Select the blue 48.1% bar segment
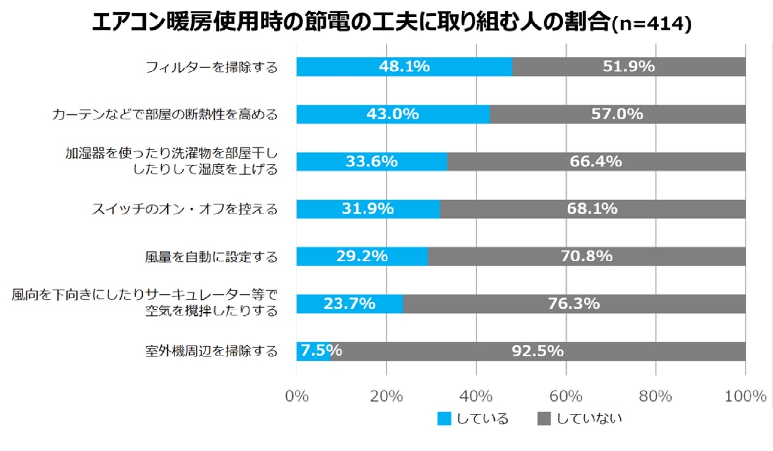[x=404, y=67]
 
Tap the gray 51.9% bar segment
[x=629, y=67]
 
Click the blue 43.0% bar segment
[x=393, y=114]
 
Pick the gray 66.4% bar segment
[x=596, y=162]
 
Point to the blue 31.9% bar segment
[x=368, y=209]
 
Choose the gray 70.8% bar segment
[x=586, y=257]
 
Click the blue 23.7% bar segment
[x=349, y=304]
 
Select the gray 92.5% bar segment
[x=538, y=351]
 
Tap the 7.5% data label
[x=321, y=351]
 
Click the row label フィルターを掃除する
[x=211, y=67]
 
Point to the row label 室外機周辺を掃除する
[x=211, y=351]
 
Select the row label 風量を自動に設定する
[x=211, y=257]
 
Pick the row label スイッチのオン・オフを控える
[x=185, y=209]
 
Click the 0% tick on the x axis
[x=296, y=396]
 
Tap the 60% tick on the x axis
[x=566, y=396]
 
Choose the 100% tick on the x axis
[x=745, y=396]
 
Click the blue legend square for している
[x=444, y=419]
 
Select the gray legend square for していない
[x=544, y=419]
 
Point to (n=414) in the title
[x=652, y=24]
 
